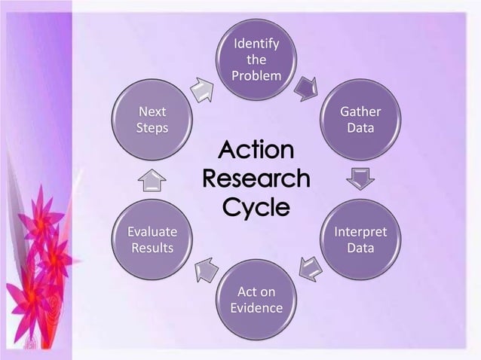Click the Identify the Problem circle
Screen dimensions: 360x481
tap(256, 57)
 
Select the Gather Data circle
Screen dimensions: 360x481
tap(360, 121)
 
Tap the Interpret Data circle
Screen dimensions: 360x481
tap(360, 239)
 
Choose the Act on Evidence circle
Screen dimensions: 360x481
tap(256, 299)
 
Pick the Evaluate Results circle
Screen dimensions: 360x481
tap(152, 239)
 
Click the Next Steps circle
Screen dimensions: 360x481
tap(152, 121)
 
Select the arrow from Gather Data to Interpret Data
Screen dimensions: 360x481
tap(360, 179)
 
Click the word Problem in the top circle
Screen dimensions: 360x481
tap(256, 76)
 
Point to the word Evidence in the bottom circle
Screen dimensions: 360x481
tap(256, 308)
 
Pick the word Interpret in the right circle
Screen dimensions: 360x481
tap(360, 231)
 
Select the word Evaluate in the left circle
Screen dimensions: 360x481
tap(152, 231)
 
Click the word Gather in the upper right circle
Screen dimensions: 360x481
tap(360, 112)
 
